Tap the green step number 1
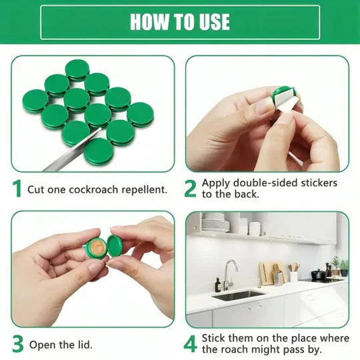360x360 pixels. (x=17, y=189)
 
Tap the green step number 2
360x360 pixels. (x=191, y=189)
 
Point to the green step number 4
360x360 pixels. (x=191, y=344)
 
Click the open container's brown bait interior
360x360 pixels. (x=97, y=246)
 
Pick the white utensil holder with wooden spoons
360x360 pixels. (x=293, y=275)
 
